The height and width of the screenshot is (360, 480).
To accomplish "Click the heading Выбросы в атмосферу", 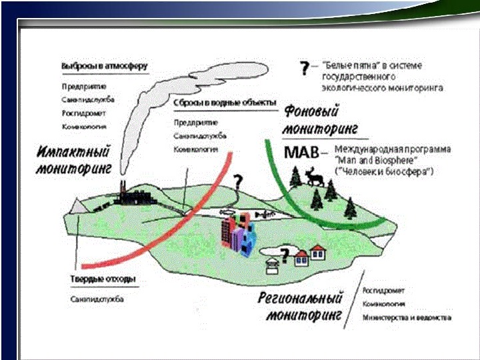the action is click(x=104, y=67).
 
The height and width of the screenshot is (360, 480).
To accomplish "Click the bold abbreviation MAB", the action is click(x=301, y=153).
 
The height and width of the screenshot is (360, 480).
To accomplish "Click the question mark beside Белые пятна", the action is click(x=304, y=68).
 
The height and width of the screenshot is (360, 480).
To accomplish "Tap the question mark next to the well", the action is click(x=285, y=254).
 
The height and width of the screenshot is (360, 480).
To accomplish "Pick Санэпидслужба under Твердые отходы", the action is click(x=97, y=299).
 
